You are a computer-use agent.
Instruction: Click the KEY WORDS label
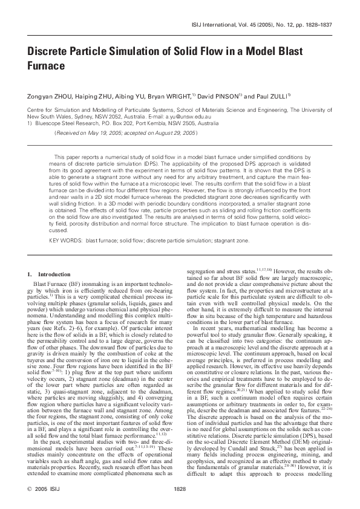[x=65, y=241]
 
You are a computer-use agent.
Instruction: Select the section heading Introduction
[x=54, y=274]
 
